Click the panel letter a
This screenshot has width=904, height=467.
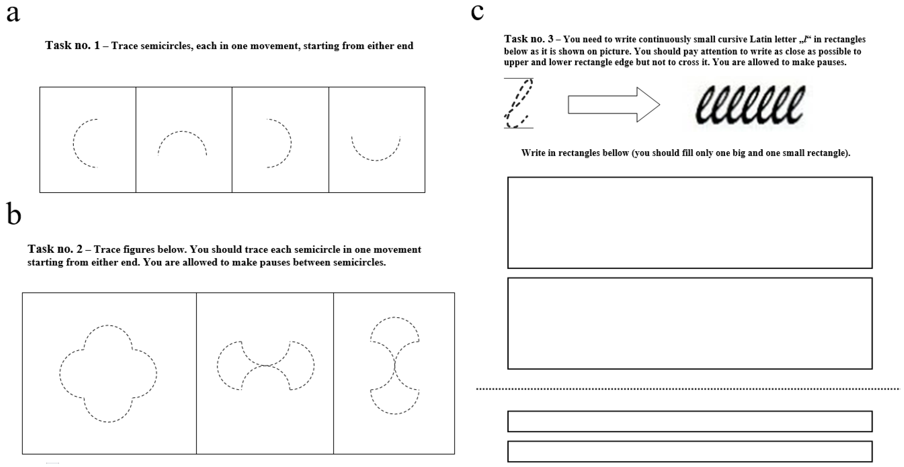pyautogui.click(x=13, y=14)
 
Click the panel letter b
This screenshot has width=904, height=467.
pyautogui.click(x=14, y=214)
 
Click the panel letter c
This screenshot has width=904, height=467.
pyautogui.click(x=477, y=12)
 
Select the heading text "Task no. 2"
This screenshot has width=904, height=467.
pyautogui.click(x=55, y=249)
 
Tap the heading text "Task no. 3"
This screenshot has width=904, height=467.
pyautogui.click(x=528, y=39)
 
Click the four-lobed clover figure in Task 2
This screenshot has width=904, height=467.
pyautogui.click(x=108, y=374)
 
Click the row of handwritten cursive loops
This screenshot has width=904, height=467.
pyautogui.click(x=750, y=105)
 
